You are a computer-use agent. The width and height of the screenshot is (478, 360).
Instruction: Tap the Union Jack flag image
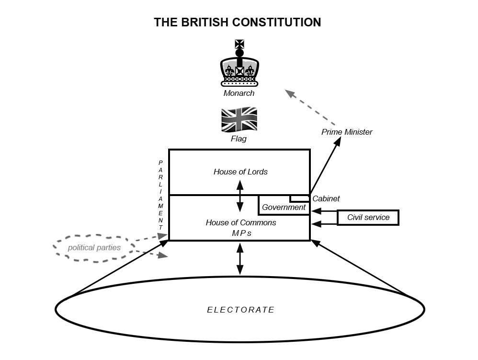(239, 119)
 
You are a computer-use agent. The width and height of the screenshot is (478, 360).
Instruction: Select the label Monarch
(239, 93)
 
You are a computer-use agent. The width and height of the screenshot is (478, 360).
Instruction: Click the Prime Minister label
(347, 132)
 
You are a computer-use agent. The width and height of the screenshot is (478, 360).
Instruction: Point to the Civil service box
(368, 218)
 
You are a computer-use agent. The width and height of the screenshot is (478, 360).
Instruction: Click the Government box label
(284, 207)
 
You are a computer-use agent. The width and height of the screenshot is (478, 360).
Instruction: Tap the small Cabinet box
(299, 198)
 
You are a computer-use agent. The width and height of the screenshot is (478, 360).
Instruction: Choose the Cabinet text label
(326, 198)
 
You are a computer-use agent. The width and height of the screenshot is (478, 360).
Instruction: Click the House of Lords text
(240, 172)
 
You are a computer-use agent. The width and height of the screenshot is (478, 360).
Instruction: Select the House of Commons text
(240, 222)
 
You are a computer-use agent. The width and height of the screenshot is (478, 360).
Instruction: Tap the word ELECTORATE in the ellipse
(240, 310)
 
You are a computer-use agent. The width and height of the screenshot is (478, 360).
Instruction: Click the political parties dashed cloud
(94, 248)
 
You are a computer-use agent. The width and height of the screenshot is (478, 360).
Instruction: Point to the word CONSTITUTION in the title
(276, 22)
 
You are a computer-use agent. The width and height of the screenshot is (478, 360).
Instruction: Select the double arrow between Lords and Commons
(240, 196)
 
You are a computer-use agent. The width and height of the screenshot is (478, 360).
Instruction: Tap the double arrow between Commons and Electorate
(240, 259)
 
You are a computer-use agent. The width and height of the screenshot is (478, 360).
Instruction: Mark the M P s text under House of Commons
(240, 233)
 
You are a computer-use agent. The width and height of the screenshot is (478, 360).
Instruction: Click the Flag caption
(239, 139)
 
